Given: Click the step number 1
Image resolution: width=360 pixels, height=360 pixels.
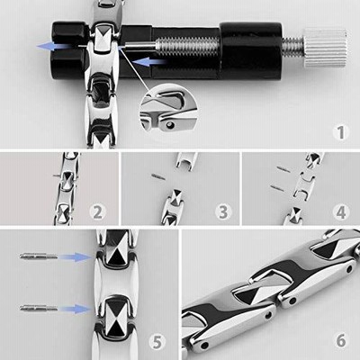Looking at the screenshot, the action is (341, 132).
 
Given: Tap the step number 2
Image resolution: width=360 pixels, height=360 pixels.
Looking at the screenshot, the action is (98, 212).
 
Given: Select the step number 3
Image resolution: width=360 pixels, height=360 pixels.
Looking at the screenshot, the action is (223, 212).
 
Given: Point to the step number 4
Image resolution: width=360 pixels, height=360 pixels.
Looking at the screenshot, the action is (341, 212).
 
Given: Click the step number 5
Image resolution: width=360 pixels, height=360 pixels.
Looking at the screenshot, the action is (157, 341).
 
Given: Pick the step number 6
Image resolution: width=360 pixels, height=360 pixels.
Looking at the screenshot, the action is (341, 341).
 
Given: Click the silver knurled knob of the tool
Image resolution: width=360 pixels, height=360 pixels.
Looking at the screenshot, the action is (325, 48).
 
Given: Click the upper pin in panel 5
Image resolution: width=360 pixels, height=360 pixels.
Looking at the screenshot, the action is (39, 256).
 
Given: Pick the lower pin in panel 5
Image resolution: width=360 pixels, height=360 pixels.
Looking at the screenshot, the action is (39, 308).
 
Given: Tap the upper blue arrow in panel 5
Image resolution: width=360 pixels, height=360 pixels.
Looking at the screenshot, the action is (75, 257).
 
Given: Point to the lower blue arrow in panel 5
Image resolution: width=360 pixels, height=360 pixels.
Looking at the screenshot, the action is (75, 309).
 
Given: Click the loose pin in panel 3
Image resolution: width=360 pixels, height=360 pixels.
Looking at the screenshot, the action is (158, 176).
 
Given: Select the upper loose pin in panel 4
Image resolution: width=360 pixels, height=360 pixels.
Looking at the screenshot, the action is (283, 169).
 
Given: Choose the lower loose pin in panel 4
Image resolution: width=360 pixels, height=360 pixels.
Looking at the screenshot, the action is (277, 189).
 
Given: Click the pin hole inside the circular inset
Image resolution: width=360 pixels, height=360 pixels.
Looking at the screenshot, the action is (171, 124).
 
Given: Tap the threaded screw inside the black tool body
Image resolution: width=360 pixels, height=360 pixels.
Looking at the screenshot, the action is (186, 46).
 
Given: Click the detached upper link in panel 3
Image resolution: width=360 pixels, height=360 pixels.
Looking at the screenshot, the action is (186, 161).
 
